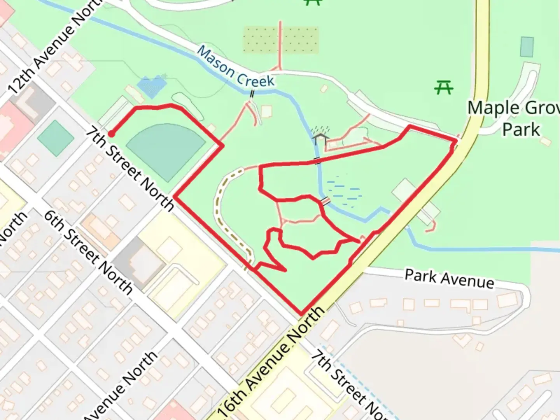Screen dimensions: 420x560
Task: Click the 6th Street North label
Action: (88, 251)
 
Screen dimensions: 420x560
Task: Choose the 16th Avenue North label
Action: (270, 363)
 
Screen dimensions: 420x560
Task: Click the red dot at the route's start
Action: (111, 134)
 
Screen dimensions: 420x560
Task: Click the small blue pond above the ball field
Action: (152, 86)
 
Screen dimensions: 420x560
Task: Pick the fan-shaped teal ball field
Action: (165, 150)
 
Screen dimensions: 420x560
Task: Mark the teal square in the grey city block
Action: (56, 138)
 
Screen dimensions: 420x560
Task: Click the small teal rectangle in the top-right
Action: (527, 47)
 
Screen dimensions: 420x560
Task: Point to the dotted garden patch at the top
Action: (280, 40)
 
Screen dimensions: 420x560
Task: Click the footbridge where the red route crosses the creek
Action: (318, 160)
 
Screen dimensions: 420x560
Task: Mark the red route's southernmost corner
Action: (301, 314)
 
